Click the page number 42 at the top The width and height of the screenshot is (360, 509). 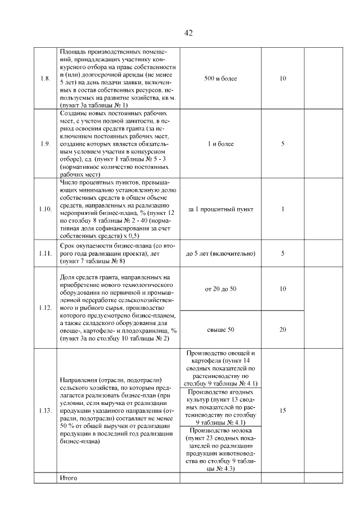pos(188,33)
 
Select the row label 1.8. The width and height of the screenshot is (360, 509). pos(46,78)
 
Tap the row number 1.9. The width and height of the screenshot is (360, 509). pos(46,144)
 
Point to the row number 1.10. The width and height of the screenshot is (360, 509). pos(46,209)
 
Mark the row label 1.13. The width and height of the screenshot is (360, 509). pos(46,411)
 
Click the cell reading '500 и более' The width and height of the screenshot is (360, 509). pos(220,78)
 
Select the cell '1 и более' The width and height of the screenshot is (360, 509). pos(220,144)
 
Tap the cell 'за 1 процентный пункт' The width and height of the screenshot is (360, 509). pos(220,209)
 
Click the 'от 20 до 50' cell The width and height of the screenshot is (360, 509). pos(220,289)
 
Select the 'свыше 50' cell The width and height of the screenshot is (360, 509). pos(220,329)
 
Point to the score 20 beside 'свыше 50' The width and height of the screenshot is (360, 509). pos(282,329)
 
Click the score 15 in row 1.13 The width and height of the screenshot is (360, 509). pos(282,411)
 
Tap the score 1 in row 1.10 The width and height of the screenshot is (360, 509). pos(282,209)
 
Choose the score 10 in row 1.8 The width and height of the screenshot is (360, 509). pos(282,78)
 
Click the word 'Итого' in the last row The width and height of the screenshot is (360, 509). pos(68,478)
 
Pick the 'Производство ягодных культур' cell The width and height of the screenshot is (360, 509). pos(220,406)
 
